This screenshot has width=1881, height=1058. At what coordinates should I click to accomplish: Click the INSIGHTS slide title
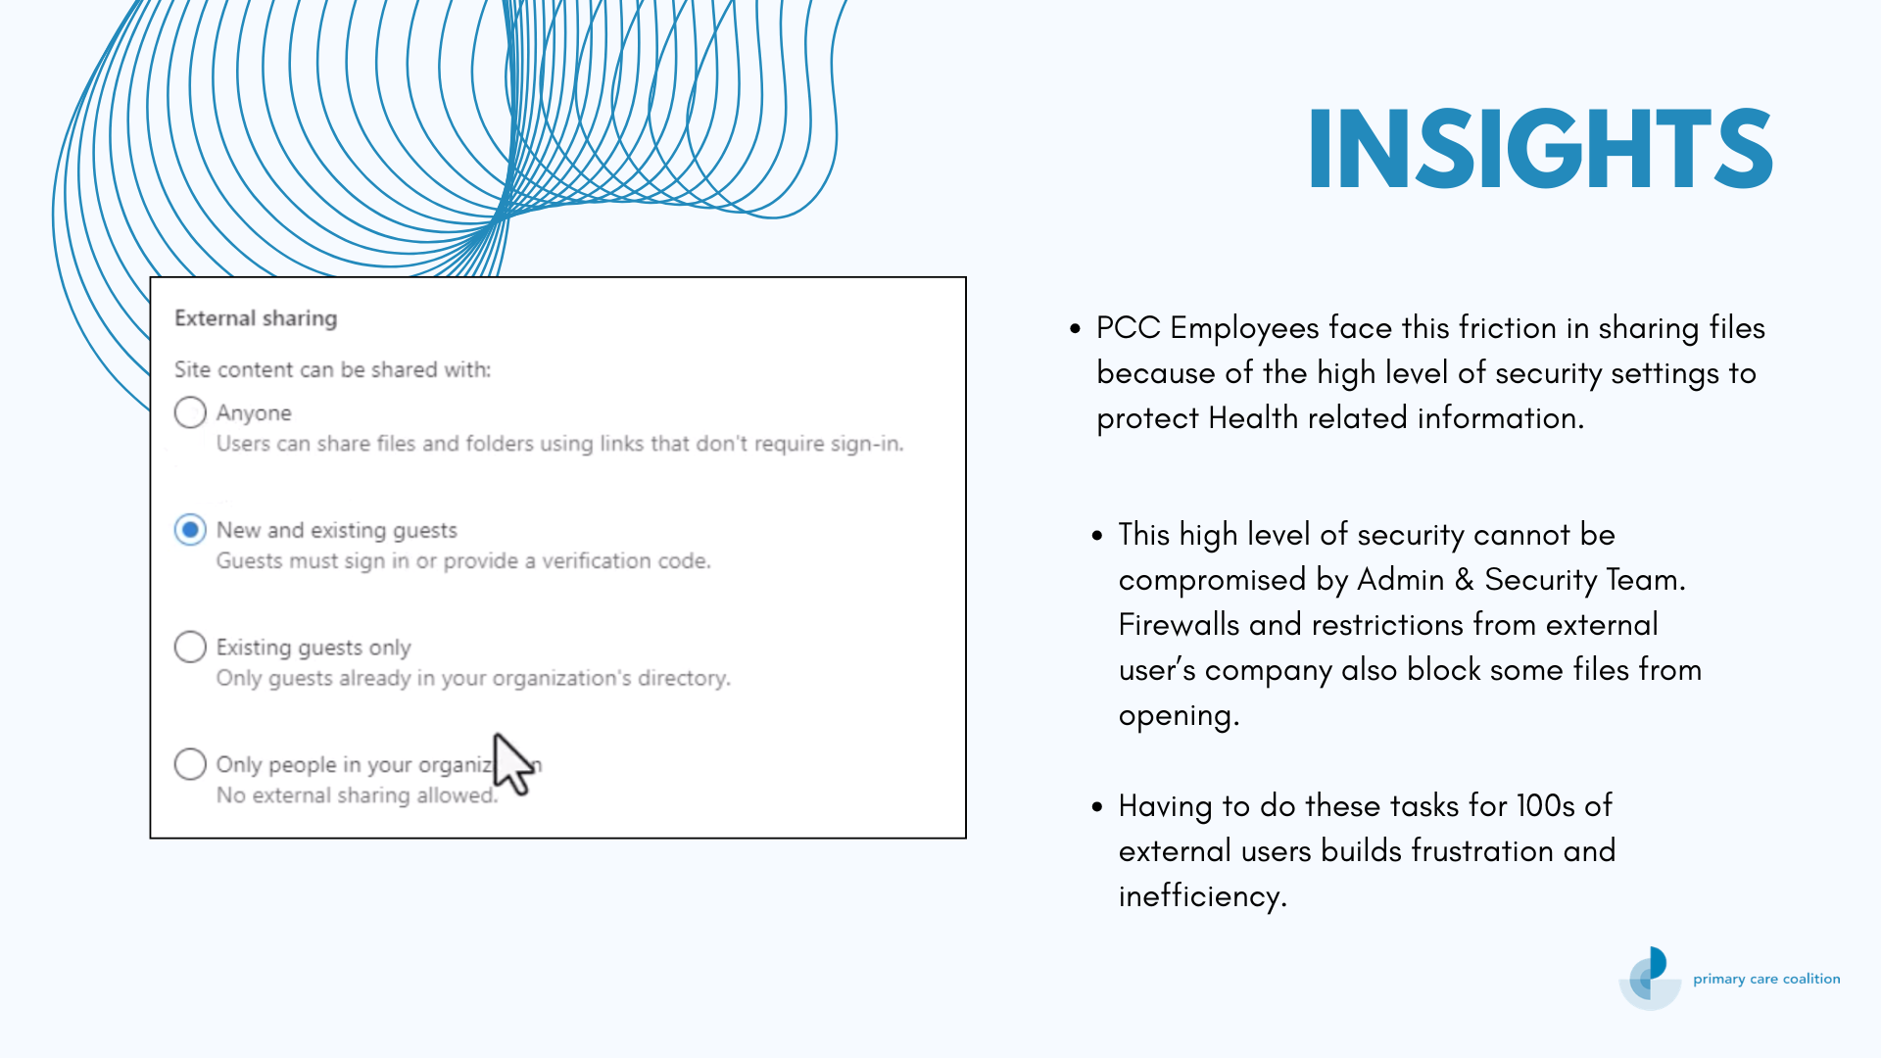tap(1540, 148)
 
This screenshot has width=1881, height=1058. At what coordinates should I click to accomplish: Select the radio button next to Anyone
tap(190, 412)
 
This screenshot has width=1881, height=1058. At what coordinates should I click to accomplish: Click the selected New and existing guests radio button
tap(190, 530)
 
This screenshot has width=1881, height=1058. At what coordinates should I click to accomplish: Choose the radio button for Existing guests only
tap(190, 648)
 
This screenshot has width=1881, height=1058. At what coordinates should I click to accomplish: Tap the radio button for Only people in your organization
tap(190, 764)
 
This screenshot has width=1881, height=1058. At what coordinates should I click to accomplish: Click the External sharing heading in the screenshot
tap(256, 318)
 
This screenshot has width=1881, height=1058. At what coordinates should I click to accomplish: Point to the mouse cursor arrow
tap(513, 764)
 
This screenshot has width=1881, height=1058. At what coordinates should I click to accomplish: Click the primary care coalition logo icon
tap(1651, 978)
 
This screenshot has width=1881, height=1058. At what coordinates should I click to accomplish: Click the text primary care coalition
tap(1766, 979)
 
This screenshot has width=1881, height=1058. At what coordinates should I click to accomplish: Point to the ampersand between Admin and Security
tap(1464, 579)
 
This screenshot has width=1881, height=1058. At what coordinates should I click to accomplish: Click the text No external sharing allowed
tap(357, 795)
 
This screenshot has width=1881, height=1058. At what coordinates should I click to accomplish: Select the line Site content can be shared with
tap(332, 369)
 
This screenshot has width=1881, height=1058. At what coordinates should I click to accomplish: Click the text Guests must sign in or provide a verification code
tap(463, 561)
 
